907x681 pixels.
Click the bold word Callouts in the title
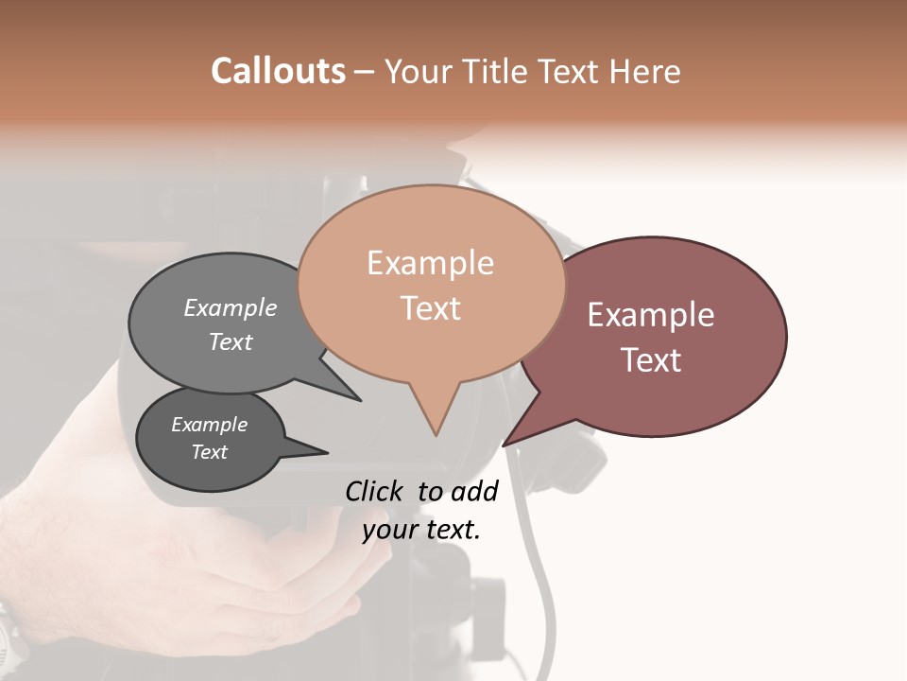point(278,71)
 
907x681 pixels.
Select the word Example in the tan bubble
point(430,263)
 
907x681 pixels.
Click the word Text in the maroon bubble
point(651,360)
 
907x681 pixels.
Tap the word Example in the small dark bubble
point(209,425)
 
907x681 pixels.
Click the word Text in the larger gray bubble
point(231,342)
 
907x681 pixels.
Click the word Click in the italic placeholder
point(375,491)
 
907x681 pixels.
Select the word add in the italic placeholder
point(475,491)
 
